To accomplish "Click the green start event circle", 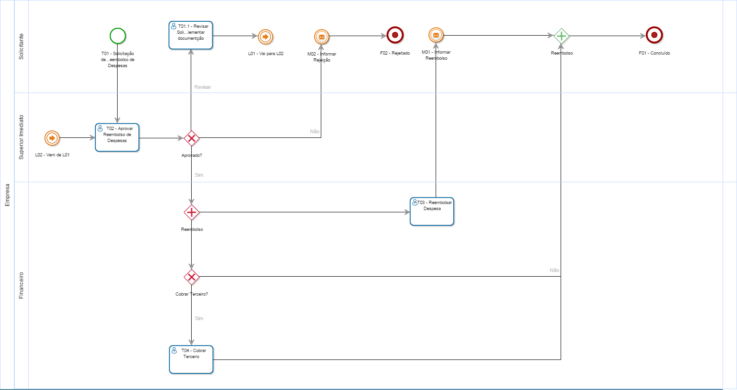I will point(118,36).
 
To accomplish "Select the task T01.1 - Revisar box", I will point(191,35).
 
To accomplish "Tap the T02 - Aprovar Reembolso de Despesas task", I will point(117,137).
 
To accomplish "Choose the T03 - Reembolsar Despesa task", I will point(432,211).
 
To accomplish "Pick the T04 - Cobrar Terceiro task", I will point(191,359).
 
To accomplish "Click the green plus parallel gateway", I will point(561,36).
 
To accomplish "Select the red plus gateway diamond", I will point(192,212).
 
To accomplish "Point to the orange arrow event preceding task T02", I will point(52,138).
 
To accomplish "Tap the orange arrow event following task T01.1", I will point(265,37).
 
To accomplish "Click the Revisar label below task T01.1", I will point(203,87).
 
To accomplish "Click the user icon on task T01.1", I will point(174,26).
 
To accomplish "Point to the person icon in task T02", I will point(100,129).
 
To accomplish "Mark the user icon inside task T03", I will point(415,202).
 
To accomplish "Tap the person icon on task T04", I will point(174,351).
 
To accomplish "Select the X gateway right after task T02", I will point(192,138).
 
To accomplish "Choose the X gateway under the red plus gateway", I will point(192,277).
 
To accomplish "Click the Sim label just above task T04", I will point(199,318).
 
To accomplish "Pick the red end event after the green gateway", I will point(654,35).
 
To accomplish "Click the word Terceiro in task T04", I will point(191,357).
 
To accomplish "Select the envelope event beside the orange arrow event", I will point(321,37).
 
